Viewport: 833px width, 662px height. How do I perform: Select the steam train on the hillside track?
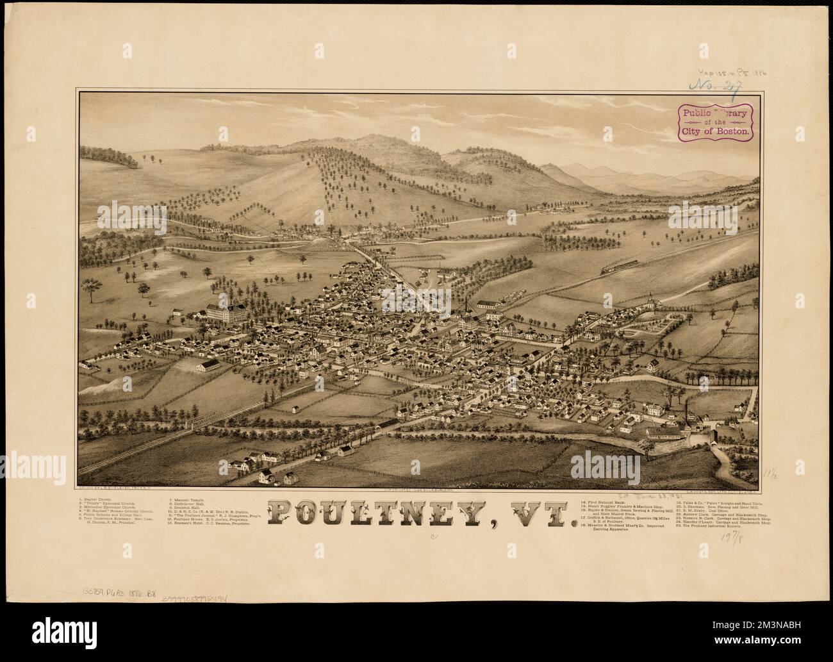(x=619, y=267)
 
